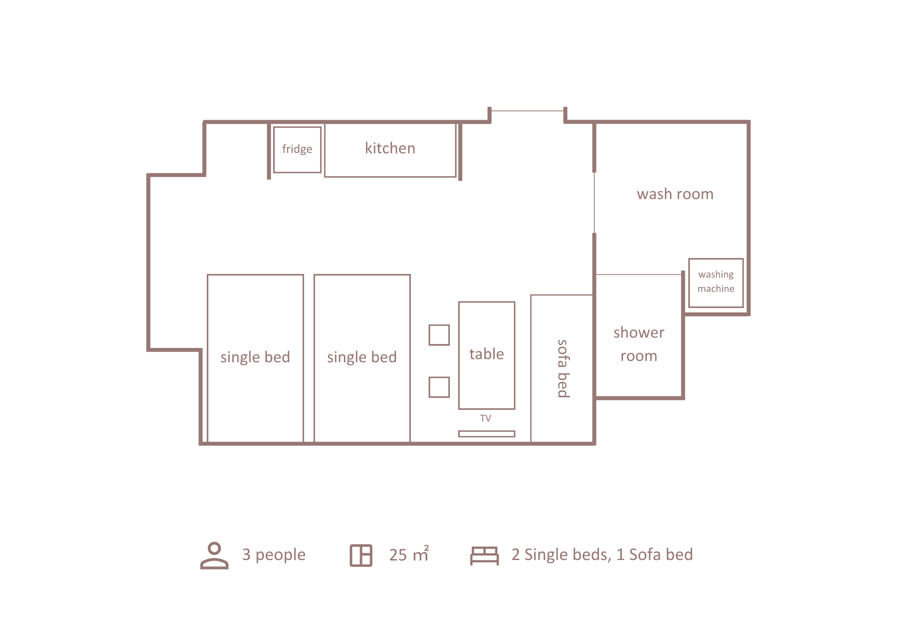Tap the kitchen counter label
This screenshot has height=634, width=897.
point(390,148)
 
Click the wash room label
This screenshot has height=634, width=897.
point(675,194)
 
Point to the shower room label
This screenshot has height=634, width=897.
point(639,344)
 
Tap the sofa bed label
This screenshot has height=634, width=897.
point(563,369)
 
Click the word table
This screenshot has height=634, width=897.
point(487,354)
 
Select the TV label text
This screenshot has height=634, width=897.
point(486,418)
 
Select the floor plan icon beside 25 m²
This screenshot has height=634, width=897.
point(361,556)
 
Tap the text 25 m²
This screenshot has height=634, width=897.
point(409,554)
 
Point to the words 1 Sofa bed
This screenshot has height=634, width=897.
point(654,555)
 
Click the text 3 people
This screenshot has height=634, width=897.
point(274,555)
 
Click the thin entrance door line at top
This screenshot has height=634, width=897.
point(527,111)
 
